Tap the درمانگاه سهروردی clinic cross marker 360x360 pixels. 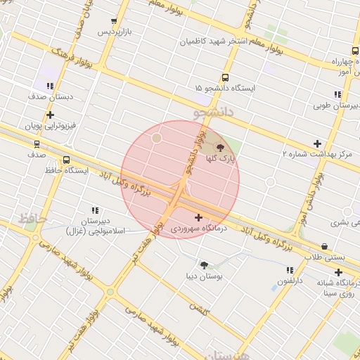(x=198, y=218)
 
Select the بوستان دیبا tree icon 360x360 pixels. (x=204, y=265)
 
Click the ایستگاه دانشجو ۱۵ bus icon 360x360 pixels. (x=225, y=78)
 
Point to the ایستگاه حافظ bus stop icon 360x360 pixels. (x=66, y=160)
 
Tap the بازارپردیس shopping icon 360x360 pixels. (x=115, y=22)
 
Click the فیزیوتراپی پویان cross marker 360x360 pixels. (x=49, y=115)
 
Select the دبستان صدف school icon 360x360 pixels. (x=49, y=86)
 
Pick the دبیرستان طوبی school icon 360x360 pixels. (x=337, y=94)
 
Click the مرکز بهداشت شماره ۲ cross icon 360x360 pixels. (x=317, y=143)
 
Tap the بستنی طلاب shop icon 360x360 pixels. (x=324, y=247)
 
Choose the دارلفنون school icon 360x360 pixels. (x=290, y=270)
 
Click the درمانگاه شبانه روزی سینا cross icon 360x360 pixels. (x=338, y=272)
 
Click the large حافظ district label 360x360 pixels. (x=32, y=219)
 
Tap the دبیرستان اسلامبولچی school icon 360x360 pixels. (x=95, y=210)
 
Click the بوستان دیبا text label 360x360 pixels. (x=204, y=277)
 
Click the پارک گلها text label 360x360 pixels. (x=221, y=160)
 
